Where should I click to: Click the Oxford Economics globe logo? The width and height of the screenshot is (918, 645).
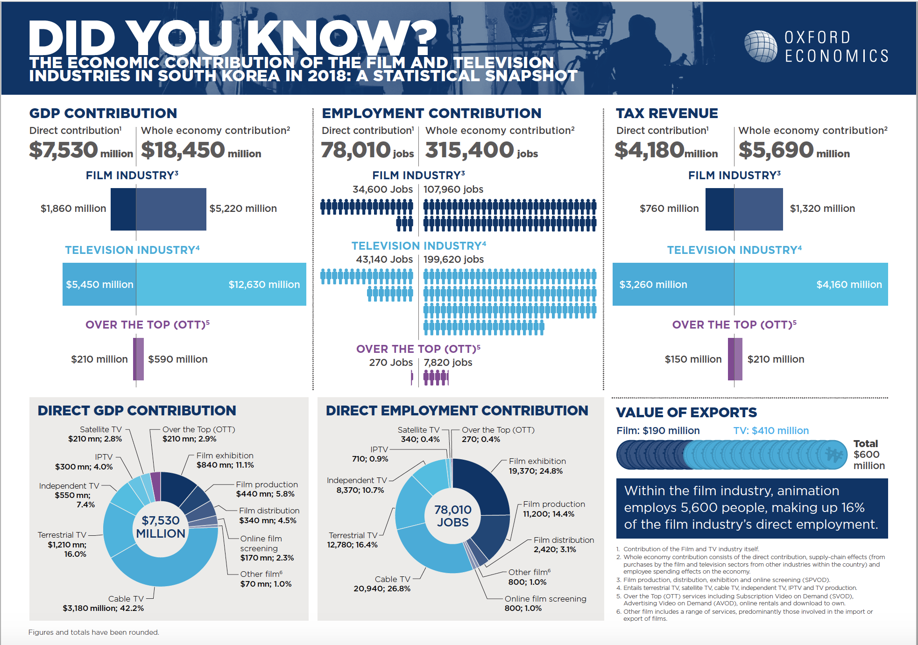[761, 46]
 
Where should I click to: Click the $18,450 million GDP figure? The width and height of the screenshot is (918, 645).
[201, 150]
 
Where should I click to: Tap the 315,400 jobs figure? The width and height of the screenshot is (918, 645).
[481, 150]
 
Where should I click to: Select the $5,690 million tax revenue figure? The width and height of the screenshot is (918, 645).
[794, 150]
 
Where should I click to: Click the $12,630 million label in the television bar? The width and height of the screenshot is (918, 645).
[264, 285]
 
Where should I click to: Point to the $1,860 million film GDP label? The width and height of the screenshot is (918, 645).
[73, 209]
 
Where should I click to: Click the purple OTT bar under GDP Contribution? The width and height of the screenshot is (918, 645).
[139, 359]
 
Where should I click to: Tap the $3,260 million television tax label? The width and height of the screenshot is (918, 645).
[653, 285]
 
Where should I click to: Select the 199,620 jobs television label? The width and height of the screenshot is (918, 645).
[453, 259]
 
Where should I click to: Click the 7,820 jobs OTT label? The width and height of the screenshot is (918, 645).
[448, 363]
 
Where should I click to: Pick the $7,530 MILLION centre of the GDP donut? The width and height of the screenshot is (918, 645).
[161, 527]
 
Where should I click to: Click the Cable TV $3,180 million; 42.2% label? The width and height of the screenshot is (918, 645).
[103, 603]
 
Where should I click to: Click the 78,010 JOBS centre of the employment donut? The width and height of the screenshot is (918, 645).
[452, 516]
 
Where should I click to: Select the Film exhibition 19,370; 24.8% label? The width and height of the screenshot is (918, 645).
[537, 466]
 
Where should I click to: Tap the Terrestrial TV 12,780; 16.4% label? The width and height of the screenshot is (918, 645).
[353, 540]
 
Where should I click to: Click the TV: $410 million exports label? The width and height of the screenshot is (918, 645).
[771, 431]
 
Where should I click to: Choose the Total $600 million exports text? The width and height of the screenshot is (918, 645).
[869, 455]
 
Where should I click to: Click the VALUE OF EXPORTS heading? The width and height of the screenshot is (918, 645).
[686, 413]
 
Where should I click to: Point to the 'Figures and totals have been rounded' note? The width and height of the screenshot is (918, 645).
[94, 632]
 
